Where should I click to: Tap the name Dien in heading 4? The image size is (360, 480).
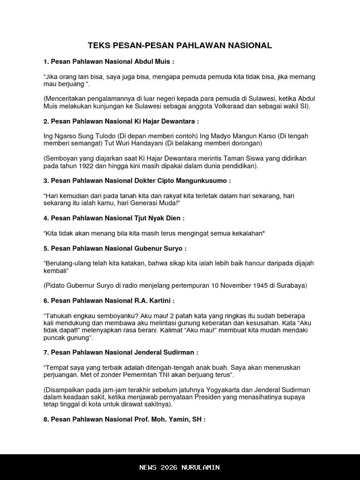(173, 218)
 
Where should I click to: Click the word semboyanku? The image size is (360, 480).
(111, 315)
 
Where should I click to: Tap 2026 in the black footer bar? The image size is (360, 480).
(168, 467)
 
